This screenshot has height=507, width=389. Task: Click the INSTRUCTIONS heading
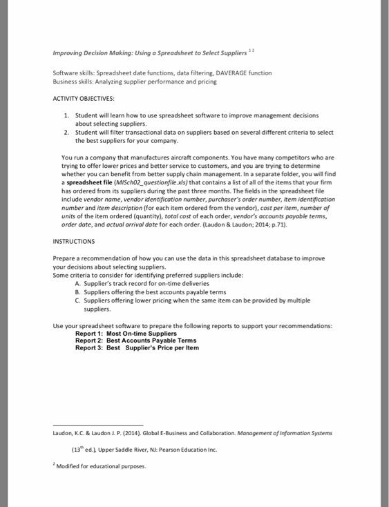coord(74,242)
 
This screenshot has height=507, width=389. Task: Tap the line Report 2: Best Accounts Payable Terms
coord(135,341)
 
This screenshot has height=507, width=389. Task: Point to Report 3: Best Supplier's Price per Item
coord(137,347)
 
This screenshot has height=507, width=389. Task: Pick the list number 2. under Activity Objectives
coord(66,131)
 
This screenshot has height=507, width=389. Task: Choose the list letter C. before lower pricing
coord(77,300)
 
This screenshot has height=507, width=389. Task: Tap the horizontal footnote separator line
coord(98,425)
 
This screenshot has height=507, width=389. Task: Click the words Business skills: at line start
coord(73,81)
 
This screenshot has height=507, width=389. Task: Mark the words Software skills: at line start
coord(74,73)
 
